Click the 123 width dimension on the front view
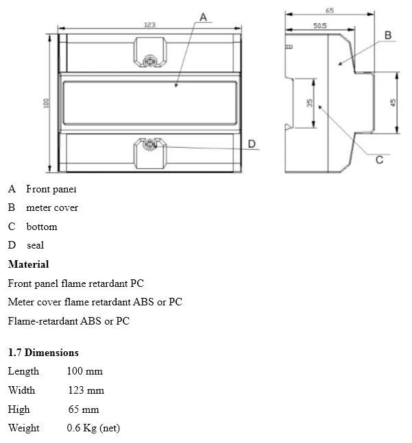149,25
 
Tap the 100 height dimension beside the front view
46,102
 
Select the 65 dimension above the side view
330,10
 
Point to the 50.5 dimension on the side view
319,25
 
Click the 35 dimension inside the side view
310,103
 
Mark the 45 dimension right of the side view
393,102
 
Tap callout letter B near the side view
387,35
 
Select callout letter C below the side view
379,160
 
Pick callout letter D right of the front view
252,144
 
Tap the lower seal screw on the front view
149,144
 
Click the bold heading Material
28,264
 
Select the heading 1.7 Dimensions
43,353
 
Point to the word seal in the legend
36,245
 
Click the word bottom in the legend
42,227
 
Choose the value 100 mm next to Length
84,371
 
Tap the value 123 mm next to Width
86,390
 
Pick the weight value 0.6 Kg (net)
93,428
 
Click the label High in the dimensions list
19,409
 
